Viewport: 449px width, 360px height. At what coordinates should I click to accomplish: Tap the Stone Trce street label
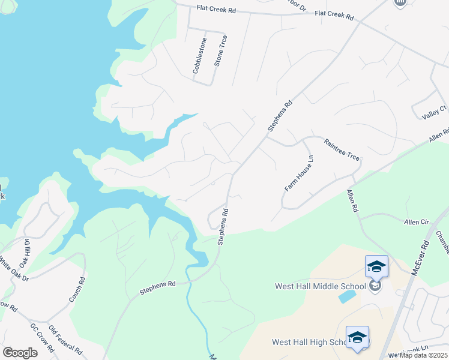click(x=221, y=51)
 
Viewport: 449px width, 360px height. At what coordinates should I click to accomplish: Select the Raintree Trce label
click(x=342, y=149)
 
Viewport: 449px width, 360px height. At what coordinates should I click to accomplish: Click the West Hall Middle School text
click(x=320, y=286)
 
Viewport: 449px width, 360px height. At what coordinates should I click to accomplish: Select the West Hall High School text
click(x=308, y=343)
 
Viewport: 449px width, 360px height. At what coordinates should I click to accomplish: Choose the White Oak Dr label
click(x=11, y=270)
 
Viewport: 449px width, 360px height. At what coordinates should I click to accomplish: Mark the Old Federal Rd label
click(x=65, y=340)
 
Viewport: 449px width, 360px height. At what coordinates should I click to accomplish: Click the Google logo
click(x=20, y=352)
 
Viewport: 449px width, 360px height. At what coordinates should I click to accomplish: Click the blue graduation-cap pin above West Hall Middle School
click(x=376, y=266)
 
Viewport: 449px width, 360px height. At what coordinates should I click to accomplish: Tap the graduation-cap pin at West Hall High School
click(x=357, y=337)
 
